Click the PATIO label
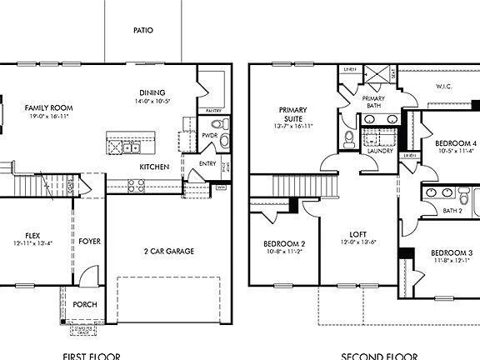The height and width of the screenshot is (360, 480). [143, 30]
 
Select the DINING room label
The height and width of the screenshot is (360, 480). [152, 92]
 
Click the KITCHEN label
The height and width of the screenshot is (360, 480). [154, 167]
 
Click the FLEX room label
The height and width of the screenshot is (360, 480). [33, 236]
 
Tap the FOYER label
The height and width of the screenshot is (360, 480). [90, 242]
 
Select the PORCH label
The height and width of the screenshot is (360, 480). [86, 304]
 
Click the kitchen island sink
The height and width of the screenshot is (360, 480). [131, 148]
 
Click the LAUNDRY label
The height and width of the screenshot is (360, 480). [369, 151]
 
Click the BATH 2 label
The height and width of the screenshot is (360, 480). [452, 210]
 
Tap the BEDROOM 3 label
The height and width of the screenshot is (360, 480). [452, 252]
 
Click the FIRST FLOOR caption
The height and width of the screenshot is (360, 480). [91, 356]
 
